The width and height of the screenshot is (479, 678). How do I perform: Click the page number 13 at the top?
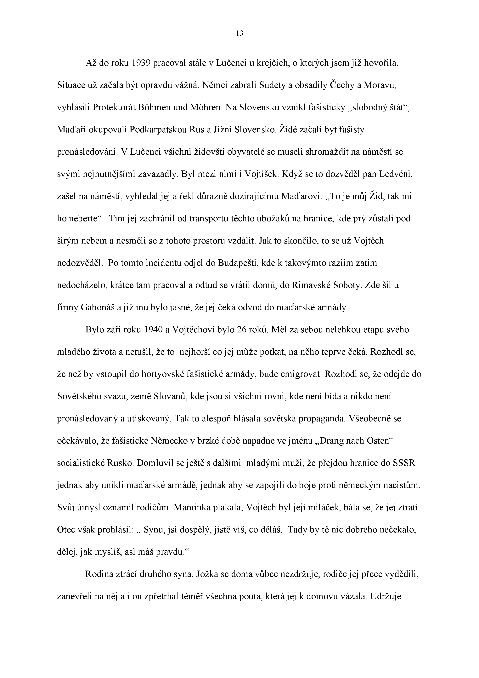pos(240,34)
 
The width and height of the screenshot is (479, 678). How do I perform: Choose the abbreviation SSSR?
pos(404,463)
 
